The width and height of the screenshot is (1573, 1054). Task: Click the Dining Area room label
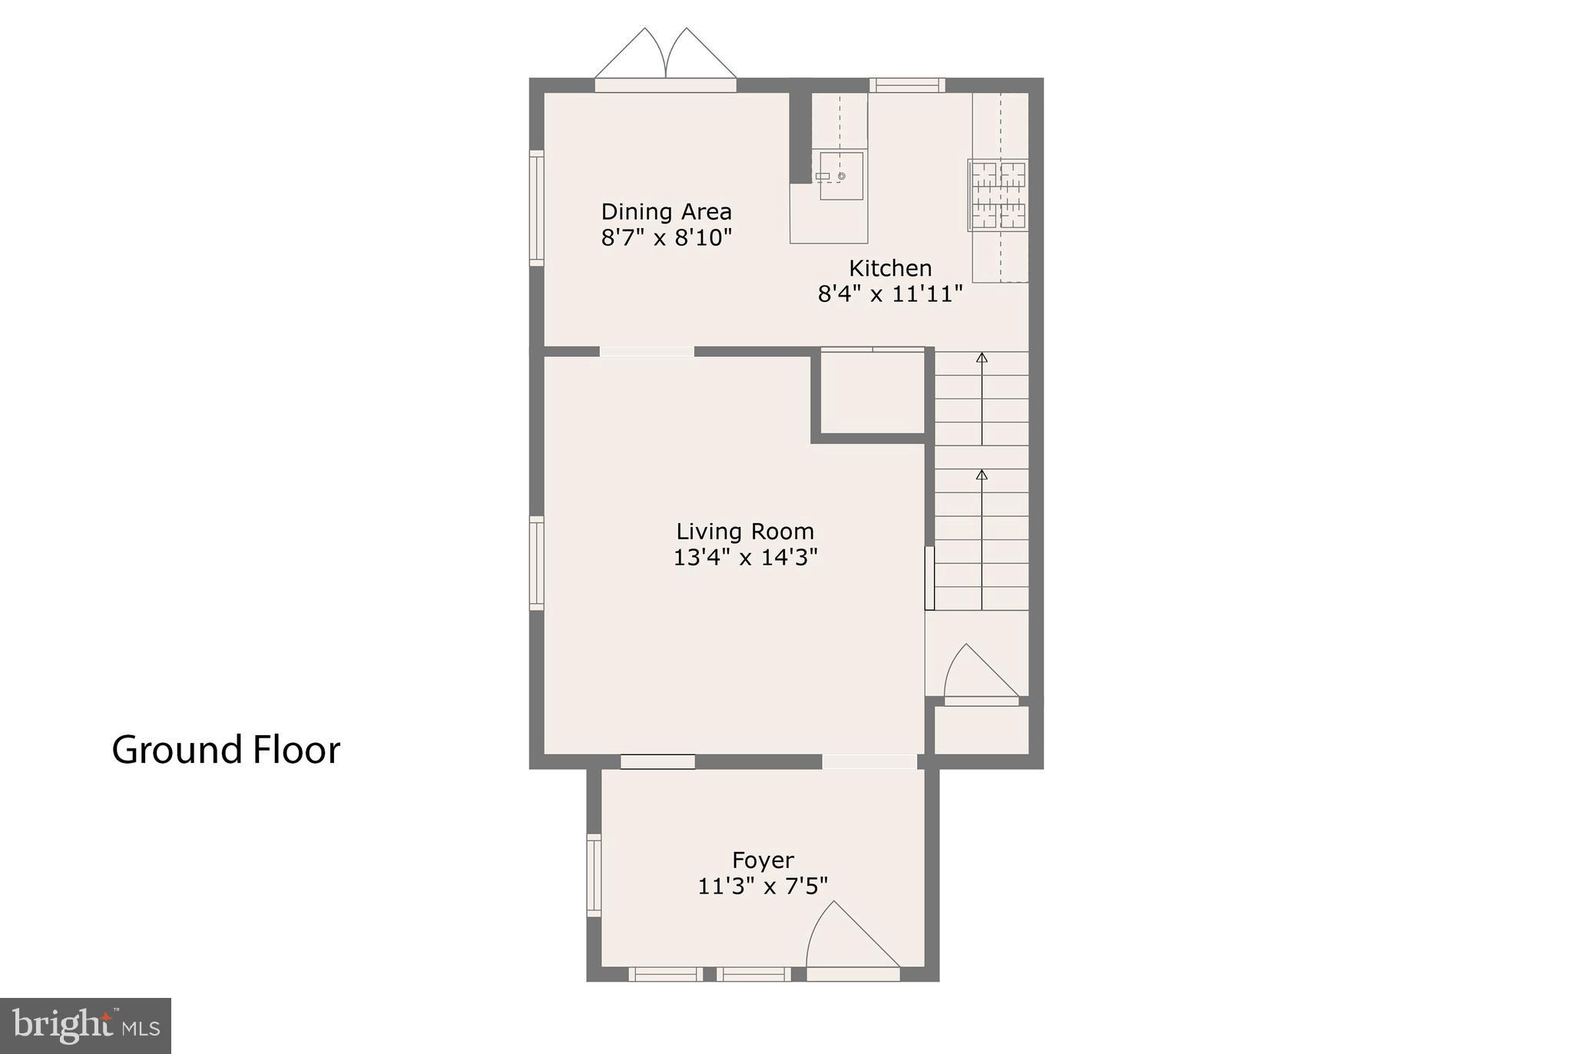(666, 211)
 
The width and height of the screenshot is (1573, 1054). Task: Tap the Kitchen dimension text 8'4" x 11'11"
(889, 293)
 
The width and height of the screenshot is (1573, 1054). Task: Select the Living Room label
(744, 531)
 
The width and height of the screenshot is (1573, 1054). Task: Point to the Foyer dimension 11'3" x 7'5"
(762, 886)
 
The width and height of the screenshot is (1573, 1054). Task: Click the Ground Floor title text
(226, 750)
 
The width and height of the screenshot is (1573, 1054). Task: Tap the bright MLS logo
(85, 1026)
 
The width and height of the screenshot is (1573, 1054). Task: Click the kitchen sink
(840, 176)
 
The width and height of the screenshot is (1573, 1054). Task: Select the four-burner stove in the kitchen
(998, 195)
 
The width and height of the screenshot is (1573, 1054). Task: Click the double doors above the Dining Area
(665, 55)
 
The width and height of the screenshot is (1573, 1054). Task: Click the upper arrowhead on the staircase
(982, 357)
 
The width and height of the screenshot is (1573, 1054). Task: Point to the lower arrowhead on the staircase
(982, 475)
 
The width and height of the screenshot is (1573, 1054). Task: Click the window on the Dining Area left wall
(537, 207)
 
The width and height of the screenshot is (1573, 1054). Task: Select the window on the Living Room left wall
(537, 563)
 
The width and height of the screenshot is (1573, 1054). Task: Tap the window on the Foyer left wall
(594, 874)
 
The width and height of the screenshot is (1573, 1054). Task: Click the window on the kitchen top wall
(907, 85)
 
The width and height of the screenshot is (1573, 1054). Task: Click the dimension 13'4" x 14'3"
(744, 557)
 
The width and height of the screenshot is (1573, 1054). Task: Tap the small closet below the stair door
(981, 729)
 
